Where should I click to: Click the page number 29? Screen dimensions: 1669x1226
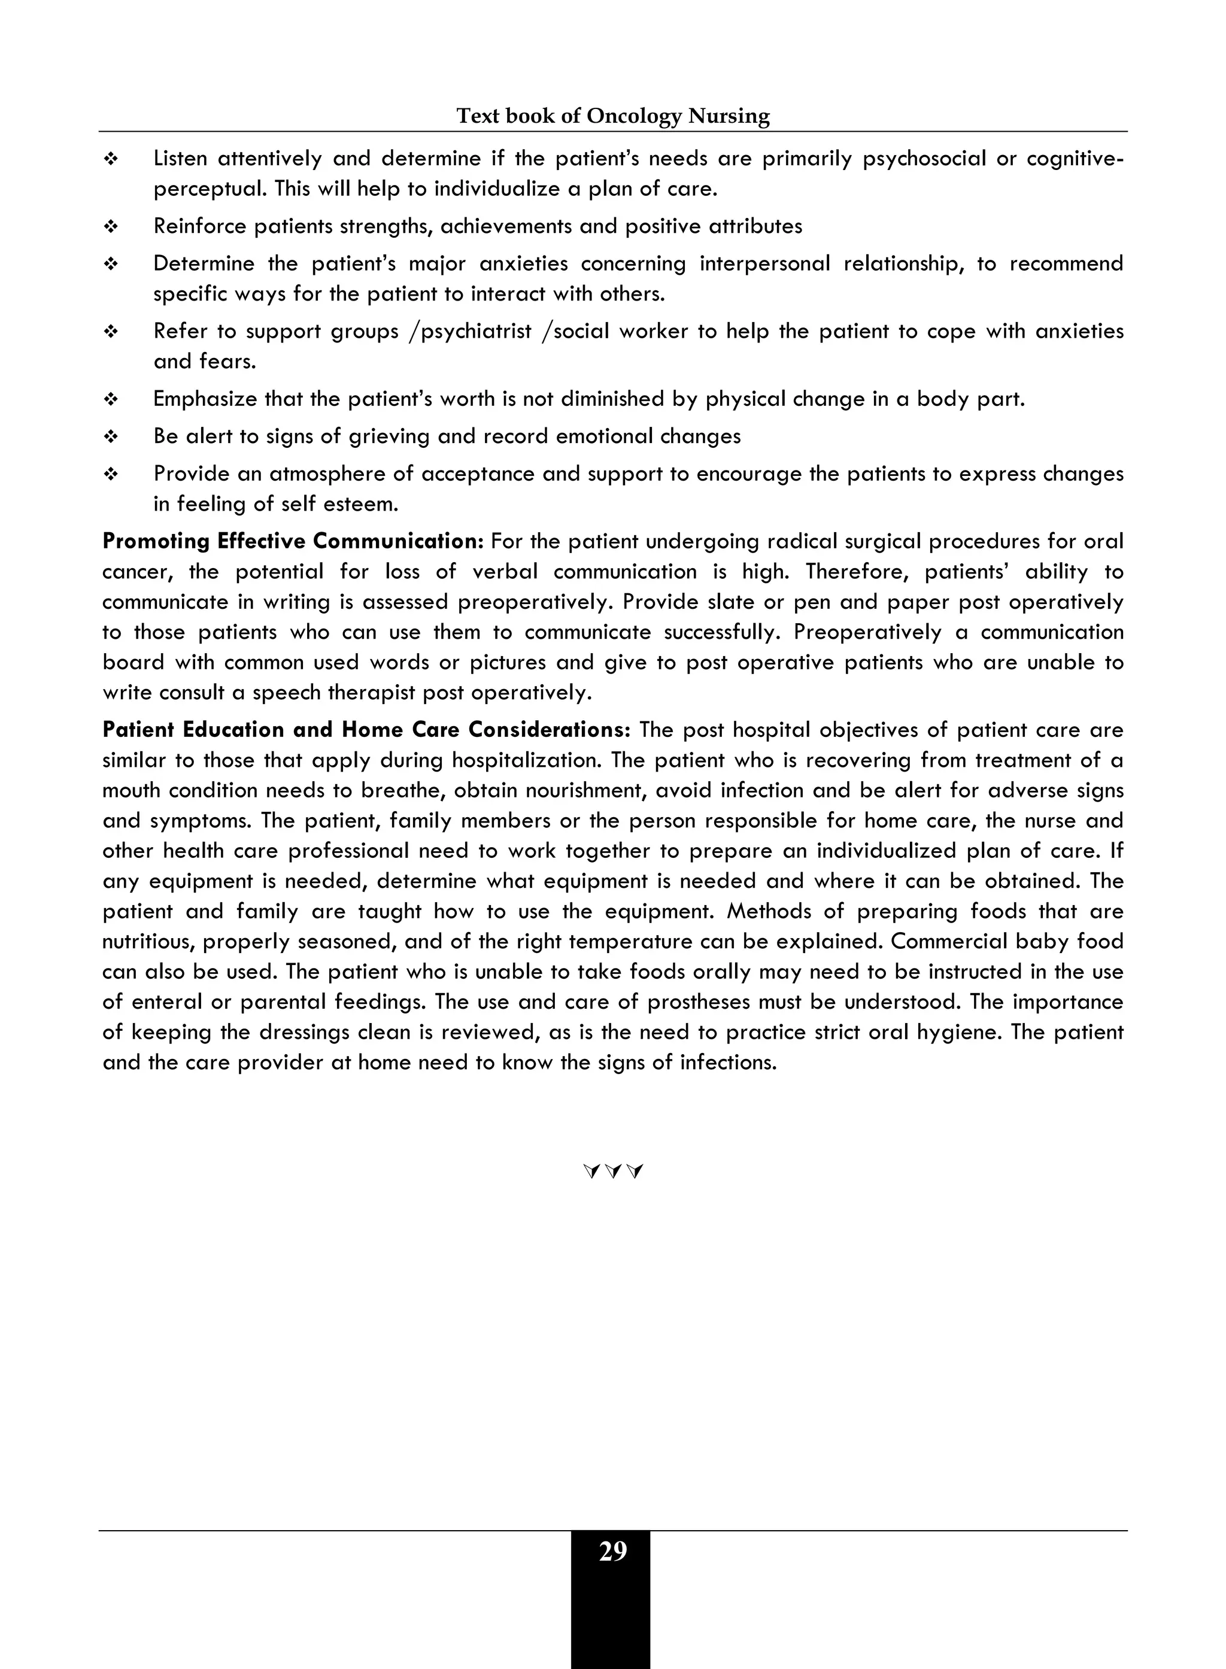[612, 1552]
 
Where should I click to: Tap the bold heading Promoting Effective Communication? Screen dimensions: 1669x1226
[293, 541]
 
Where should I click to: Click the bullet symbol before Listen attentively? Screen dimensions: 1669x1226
[111, 159]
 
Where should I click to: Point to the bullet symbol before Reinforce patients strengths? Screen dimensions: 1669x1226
[111, 226]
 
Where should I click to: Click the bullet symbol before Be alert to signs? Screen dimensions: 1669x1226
[111, 436]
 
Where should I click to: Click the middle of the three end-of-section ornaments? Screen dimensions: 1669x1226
[613, 1172]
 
